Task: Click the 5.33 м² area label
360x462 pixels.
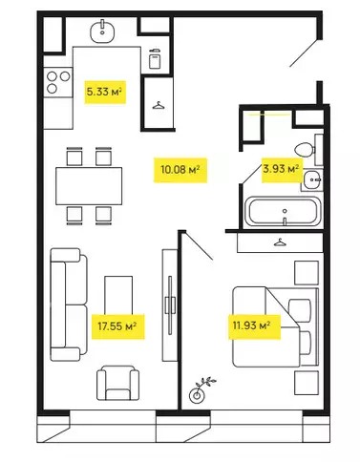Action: pyautogui.click(x=105, y=92)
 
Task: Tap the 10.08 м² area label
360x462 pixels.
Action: pyautogui.click(x=180, y=170)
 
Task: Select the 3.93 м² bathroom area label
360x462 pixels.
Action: pyautogui.click(x=282, y=169)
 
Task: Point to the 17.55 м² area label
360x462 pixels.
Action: pyautogui.click(x=117, y=326)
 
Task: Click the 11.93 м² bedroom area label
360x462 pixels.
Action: pyautogui.click(x=254, y=326)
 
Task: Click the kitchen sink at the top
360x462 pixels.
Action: pyautogui.click(x=102, y=31)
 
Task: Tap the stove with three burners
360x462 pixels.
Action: pyautogui.click(x=58, y=82)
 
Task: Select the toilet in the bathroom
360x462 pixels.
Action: pyautogui.click(x=305, y=150)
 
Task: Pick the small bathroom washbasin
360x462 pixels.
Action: pyautogui.click(x=312, y=180)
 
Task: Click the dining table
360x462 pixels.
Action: pyautogui.click(x=89, y=186)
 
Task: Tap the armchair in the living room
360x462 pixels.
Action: pyautogui.click(x=117, y=383)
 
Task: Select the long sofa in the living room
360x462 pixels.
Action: pyautogui.click(x=69, y=304)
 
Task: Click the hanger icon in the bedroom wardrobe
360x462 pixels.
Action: pyautogui.click(x=280, y=242)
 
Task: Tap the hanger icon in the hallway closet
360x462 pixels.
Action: pyautogui.click(x=159, y=105)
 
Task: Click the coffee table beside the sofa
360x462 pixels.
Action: pyautogui.click(x=118, y=295)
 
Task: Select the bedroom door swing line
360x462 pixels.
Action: pyautogui.click(x=199, y=245)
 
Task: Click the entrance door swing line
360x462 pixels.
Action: pyautogui.click(x=304, y=53)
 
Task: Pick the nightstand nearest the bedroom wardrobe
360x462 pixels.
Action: pyautogui.click(x=307, y=273)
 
